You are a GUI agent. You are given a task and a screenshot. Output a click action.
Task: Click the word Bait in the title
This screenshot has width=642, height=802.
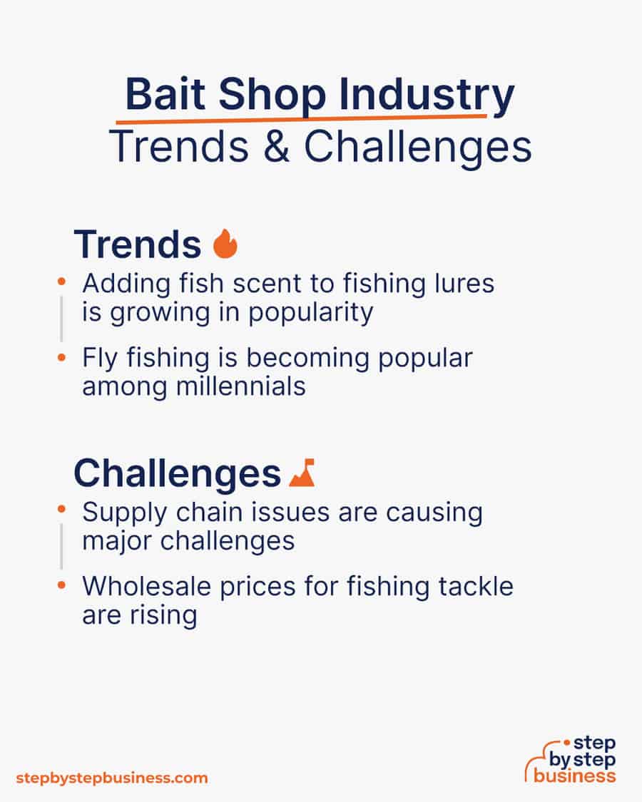[165, 94]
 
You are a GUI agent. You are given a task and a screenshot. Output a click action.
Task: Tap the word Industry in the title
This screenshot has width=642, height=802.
[427, 97]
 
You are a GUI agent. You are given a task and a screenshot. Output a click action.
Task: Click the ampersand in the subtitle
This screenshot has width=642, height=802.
[276, 146]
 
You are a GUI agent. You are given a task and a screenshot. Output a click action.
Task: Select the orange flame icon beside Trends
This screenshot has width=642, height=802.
[225, 244]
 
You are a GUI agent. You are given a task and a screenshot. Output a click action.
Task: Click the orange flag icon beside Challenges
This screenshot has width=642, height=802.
[302, 473]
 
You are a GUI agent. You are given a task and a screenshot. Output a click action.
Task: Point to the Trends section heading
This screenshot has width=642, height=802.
[138, 245]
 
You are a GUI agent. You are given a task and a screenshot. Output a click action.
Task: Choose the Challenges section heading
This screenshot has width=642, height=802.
[177, 473]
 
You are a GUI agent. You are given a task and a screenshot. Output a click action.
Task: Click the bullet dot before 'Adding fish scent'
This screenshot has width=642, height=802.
[61, 282]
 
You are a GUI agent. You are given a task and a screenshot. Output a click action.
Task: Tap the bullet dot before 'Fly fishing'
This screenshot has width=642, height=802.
[61, 358]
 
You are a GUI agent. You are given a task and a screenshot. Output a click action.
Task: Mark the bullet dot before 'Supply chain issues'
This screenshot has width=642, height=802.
[61, 510]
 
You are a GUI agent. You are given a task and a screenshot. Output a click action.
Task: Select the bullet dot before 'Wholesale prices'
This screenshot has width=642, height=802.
[61, 585]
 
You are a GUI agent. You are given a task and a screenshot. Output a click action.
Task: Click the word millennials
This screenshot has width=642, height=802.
[240, 386]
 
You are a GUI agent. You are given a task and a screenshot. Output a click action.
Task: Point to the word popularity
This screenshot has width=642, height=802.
[311, 313]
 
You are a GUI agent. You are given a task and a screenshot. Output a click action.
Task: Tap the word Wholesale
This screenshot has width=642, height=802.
[146, 586]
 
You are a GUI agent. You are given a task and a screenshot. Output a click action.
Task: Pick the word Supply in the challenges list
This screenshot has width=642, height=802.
[125, 513]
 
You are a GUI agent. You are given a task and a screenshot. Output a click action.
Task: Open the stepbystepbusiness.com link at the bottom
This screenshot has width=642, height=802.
[112, 778]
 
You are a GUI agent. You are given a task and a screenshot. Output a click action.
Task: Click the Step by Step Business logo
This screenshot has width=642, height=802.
[571, 760]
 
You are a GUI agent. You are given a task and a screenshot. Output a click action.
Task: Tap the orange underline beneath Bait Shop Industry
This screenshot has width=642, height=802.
[301, 120]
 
